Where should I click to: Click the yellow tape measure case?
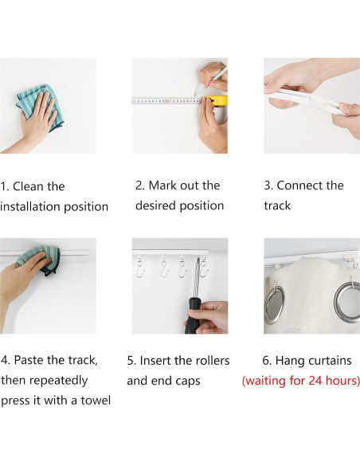coord(219,101)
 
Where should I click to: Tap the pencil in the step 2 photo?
coord(211,81)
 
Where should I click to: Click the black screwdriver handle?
coord(192,316)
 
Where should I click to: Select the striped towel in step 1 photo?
coord(41,107)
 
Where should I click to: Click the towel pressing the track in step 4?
coord(40,260)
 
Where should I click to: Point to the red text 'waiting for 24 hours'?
coord(301,381)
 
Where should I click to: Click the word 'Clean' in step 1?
coord(28,186)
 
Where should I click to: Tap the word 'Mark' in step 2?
coord(162,186)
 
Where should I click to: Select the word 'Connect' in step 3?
coord(299,186)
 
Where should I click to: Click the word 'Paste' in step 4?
coord(29,360)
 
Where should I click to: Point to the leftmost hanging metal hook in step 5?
coord(140,268)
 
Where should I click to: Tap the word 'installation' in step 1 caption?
coord(30,207)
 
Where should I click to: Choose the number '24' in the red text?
coord(315,381)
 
